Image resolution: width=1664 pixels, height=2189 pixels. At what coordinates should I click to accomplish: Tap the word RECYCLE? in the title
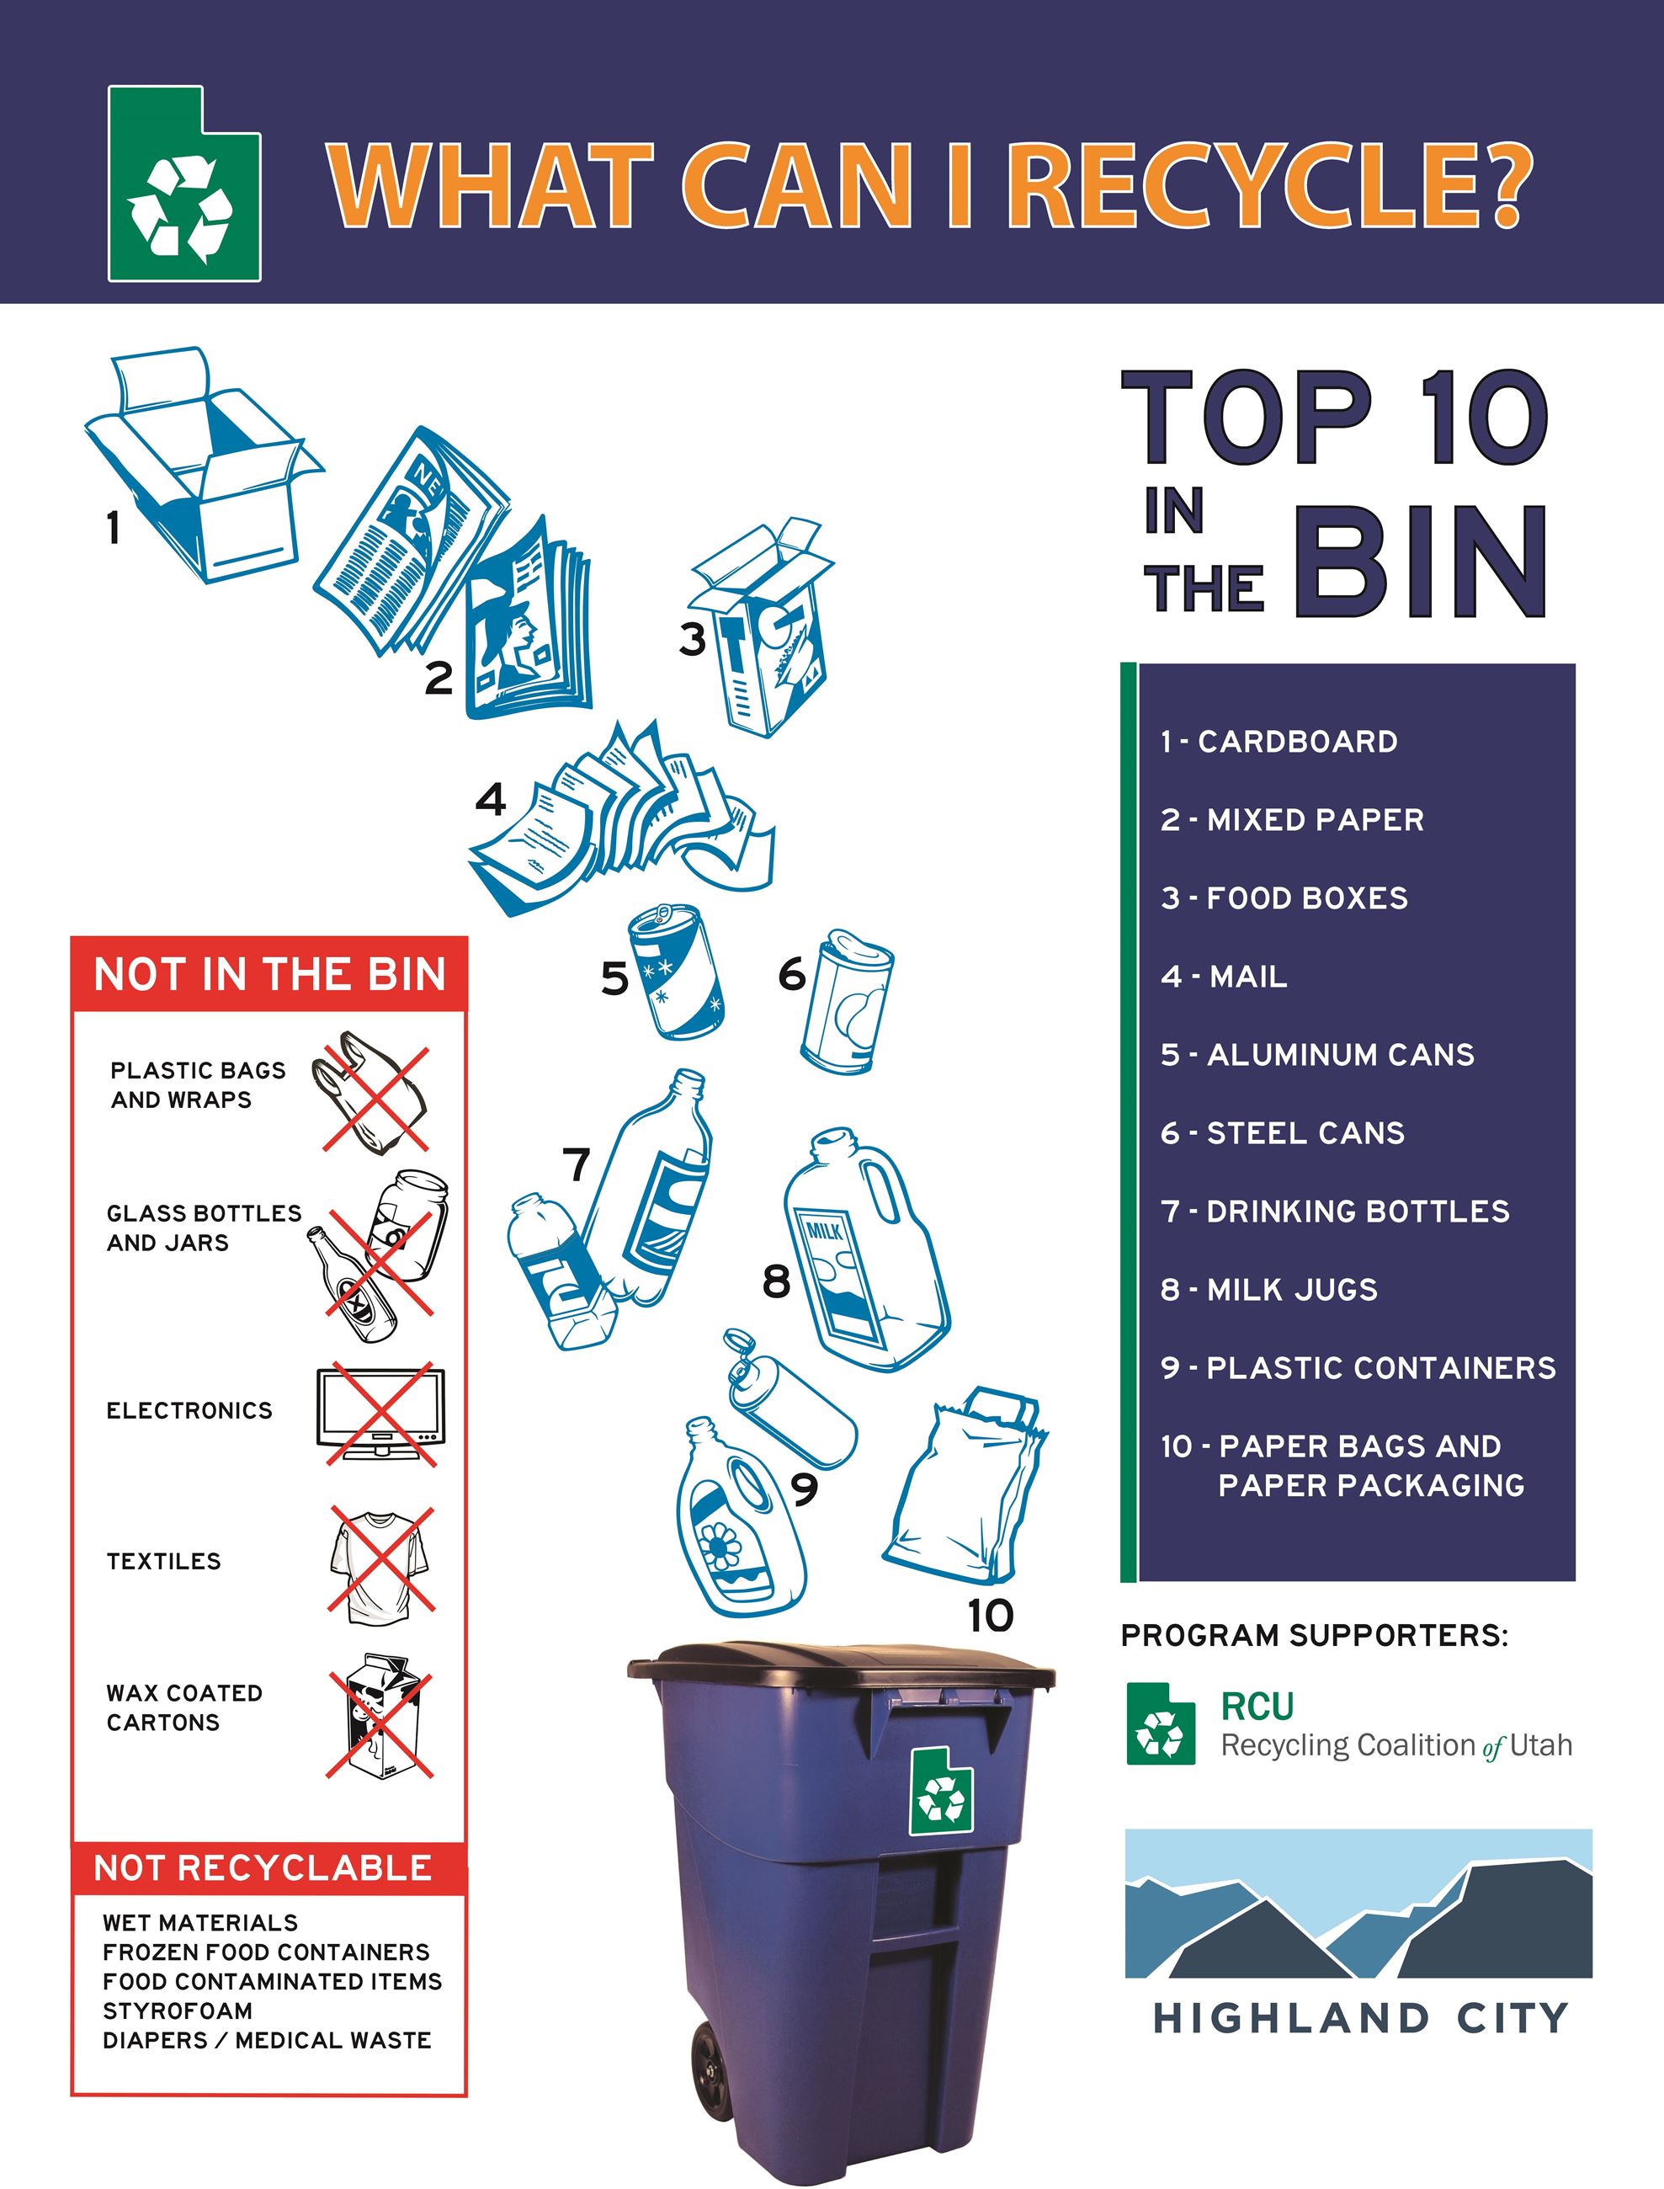pyautogui.click(x=1273, y=185)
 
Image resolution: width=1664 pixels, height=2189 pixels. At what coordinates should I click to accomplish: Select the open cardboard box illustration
pyautogui.click(x=203, y=466)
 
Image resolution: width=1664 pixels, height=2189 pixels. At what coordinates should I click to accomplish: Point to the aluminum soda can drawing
pyautogui.click(x=677, y=971)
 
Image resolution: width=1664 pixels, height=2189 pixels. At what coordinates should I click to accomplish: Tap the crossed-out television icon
pyautogui.click(x=380, y=1414)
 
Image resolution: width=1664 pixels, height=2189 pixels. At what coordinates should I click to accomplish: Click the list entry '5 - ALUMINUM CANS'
pyautogui.click(x=1317, y=1055)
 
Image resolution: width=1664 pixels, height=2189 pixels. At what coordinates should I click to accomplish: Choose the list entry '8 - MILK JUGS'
pyautogui.click(x=1268, y=1290)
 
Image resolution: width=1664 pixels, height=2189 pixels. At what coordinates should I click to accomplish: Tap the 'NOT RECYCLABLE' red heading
pyautogui.click(x=263, y=1868)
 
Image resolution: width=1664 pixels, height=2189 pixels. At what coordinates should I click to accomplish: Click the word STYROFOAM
pyautogui.click(x=178, y=2011)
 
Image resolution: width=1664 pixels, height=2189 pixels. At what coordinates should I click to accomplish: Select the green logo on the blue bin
pyautogui.click(x=941, y=1791)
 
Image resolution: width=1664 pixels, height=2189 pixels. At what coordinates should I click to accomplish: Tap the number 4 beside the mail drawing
pyautogui.click(x=492, y=798)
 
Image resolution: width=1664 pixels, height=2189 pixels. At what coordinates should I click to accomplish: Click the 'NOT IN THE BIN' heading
pyautogui.click(x=269, y=975)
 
